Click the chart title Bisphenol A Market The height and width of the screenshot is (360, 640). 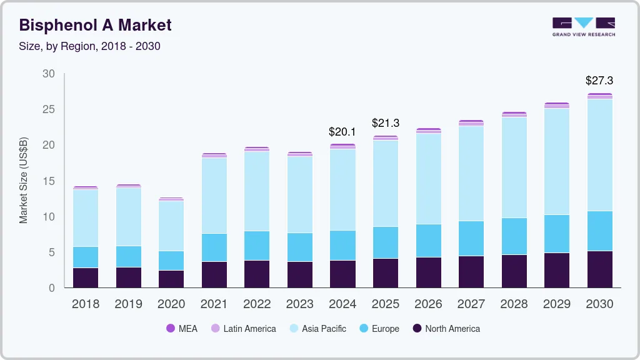coord(95,25)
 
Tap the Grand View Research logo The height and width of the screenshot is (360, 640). coord(583,27)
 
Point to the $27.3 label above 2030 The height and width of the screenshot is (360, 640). coord(599,81)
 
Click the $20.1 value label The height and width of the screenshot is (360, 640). coord(342,132)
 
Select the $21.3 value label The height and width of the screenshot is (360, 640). coord(385,123)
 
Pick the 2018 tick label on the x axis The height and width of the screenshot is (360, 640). coord(85,304)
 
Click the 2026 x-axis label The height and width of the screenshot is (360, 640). coord(428,304)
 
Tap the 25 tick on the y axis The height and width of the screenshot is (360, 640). coord(49,109)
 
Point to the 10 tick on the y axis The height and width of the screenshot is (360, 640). coord(49,217)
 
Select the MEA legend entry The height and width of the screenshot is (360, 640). coord(182,329)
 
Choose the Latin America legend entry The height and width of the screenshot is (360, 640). coord(243,329)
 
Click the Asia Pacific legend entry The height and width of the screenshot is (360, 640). coord(317,329)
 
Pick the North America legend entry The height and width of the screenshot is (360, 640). coord(446,329)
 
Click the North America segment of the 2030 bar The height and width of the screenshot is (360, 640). coord(599,269)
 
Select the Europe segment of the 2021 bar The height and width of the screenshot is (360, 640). coord(214,247)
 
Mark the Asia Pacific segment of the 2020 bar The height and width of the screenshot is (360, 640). coord(171,226)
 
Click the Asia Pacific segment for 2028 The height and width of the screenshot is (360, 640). coord(514,167)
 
